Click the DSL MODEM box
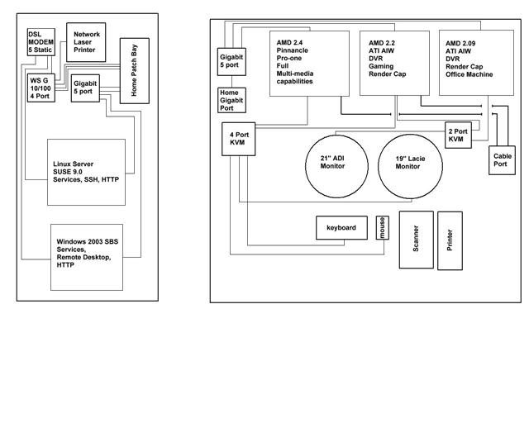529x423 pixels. (41, 42)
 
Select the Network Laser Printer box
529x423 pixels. (86, 42)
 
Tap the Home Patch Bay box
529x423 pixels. (135, 71)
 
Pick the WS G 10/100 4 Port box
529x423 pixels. (41, 88)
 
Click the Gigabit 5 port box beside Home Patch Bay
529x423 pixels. (85, 88)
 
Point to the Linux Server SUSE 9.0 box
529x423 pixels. (86, 172)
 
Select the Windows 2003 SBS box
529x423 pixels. (87, 258)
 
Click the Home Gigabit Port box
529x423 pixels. (231, 100)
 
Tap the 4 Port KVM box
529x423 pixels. (239, 139)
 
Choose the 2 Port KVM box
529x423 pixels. (458, 135)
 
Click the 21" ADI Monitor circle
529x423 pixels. (336, 166)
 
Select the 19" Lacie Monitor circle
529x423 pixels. (410, 166)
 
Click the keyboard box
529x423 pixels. (341, 228)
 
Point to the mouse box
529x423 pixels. (383, 228)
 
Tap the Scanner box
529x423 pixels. (417, 240)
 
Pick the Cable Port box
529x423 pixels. (502, 160)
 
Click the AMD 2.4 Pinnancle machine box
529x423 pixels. (309, 64)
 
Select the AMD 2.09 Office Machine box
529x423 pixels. (476, 63)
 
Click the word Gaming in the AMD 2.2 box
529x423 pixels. (381, 66)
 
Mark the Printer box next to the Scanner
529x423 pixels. (450, 241)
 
